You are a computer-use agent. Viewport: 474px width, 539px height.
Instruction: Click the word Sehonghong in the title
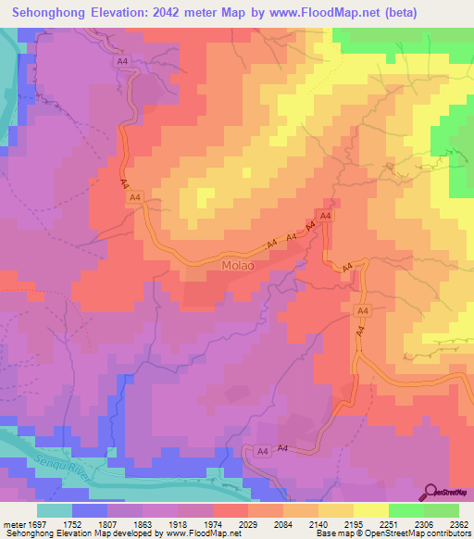point(55,13)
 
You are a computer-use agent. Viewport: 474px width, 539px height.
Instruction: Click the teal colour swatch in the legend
point(55,509)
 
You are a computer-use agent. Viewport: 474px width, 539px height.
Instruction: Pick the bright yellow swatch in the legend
point(370,509)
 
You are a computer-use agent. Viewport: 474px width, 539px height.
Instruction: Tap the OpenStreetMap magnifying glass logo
point(431,491)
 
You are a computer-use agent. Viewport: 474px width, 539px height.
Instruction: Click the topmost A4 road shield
point(122,61)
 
